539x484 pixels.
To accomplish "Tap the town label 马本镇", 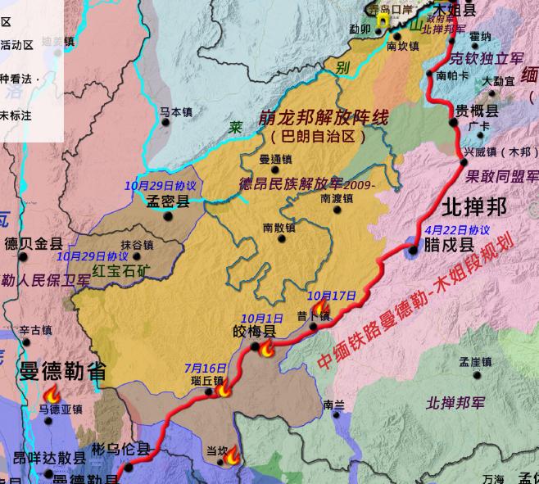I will pyautogui.click(x=175, y=111).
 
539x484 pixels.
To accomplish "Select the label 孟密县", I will pyautogui.click(x=167, y=201).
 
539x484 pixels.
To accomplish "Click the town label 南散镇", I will pyautogui.click(x=279, y=227).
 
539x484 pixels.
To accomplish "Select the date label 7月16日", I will pyautogui.click(x=206, y=368).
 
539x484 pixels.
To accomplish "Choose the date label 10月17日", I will pyautogui.click(x=332, y=296).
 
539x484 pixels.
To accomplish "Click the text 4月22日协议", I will pyautogui.click(x=459, y=230).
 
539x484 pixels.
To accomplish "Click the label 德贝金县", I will pyautogui.click(x=34, y=243).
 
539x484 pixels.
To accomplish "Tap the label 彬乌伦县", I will pyautogui.click(x=120, y=449).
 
